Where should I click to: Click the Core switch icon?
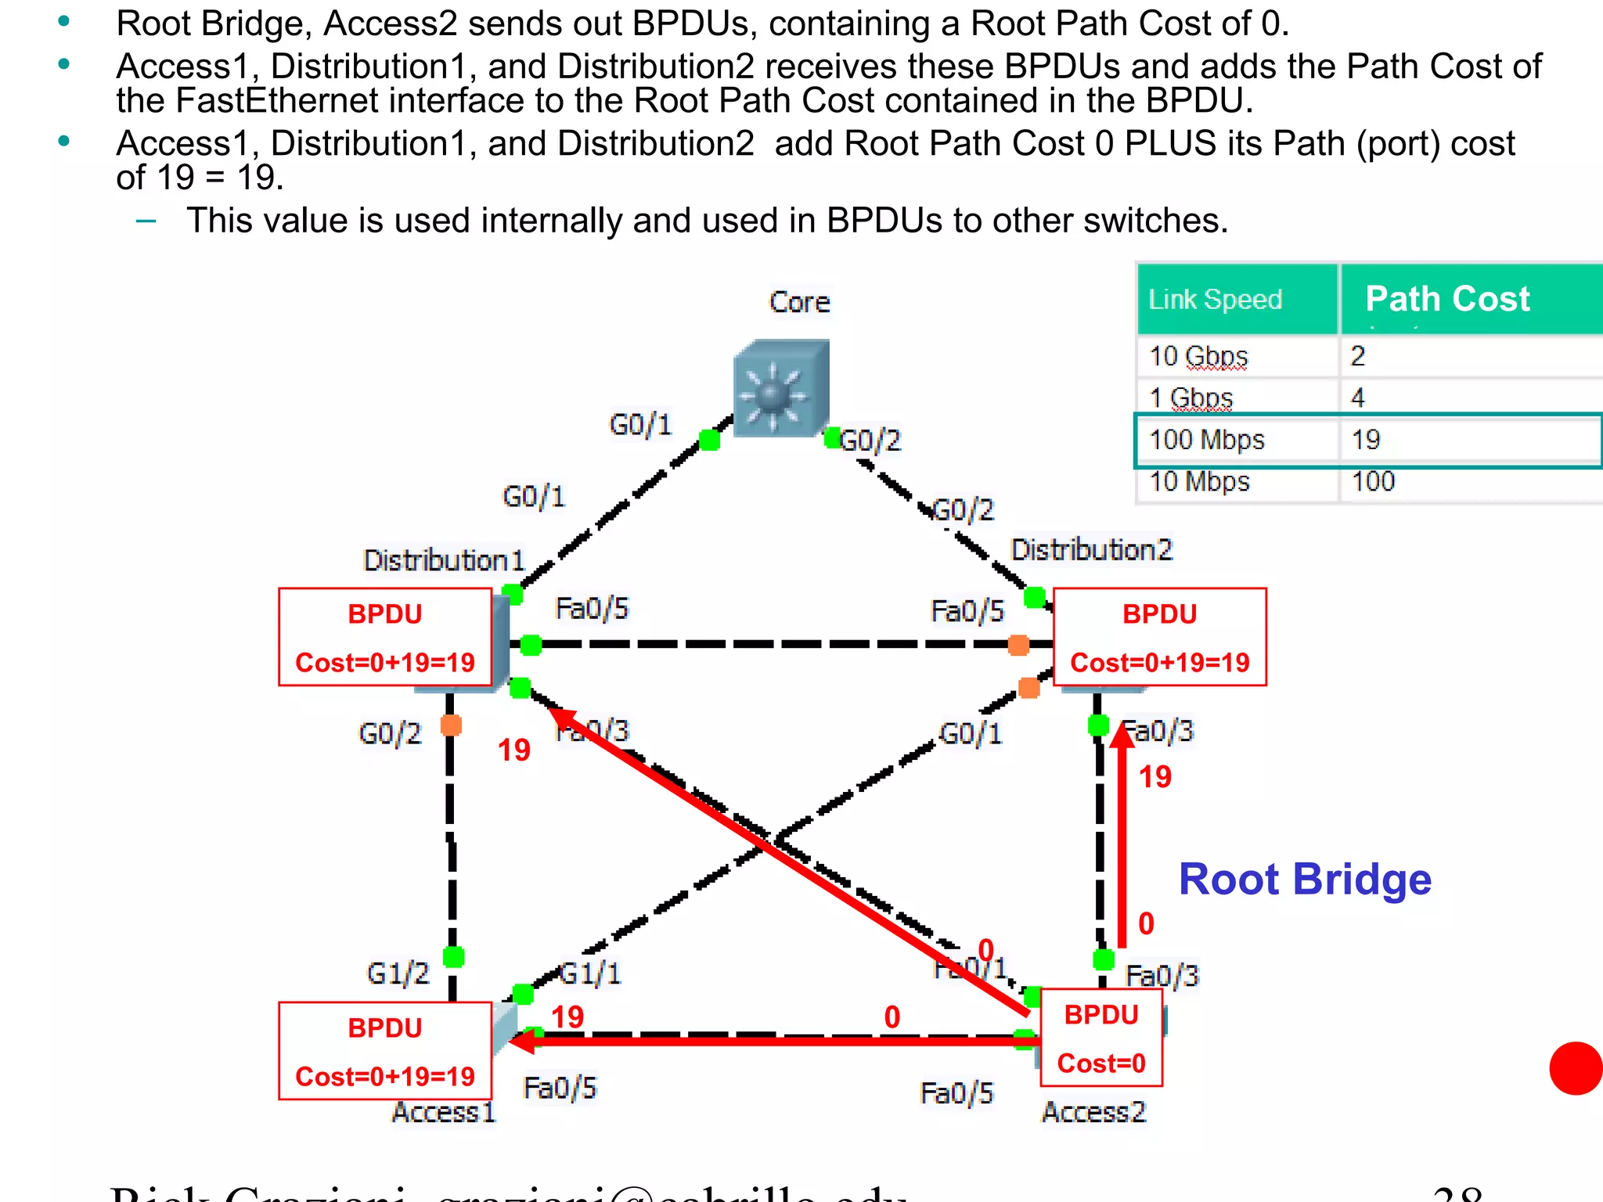(780, 388)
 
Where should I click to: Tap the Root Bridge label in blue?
(1305, 880)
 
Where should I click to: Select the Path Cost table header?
(1447, 299)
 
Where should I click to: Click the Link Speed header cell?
(1215, 300)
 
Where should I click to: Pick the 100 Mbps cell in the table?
(1206, 440)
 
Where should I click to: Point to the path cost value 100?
(1373, 481)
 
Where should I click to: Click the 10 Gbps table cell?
(1198, 357)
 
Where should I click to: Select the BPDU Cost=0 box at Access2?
(1101, 1038)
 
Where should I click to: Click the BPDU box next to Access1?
(385, 1051)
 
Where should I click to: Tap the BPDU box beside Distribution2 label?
(1159, 637)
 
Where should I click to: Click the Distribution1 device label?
(443, 561)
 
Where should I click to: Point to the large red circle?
(1576, 1068)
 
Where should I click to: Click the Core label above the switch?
(799, 302)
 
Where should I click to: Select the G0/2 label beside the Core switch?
(871, 441)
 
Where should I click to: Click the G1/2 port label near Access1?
(398, 973)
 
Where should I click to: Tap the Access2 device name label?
(1093, 1112)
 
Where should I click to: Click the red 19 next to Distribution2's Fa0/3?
(1155, 777)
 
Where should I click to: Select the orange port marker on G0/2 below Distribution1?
(451, 725)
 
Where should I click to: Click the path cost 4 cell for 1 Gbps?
(1358, 398)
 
